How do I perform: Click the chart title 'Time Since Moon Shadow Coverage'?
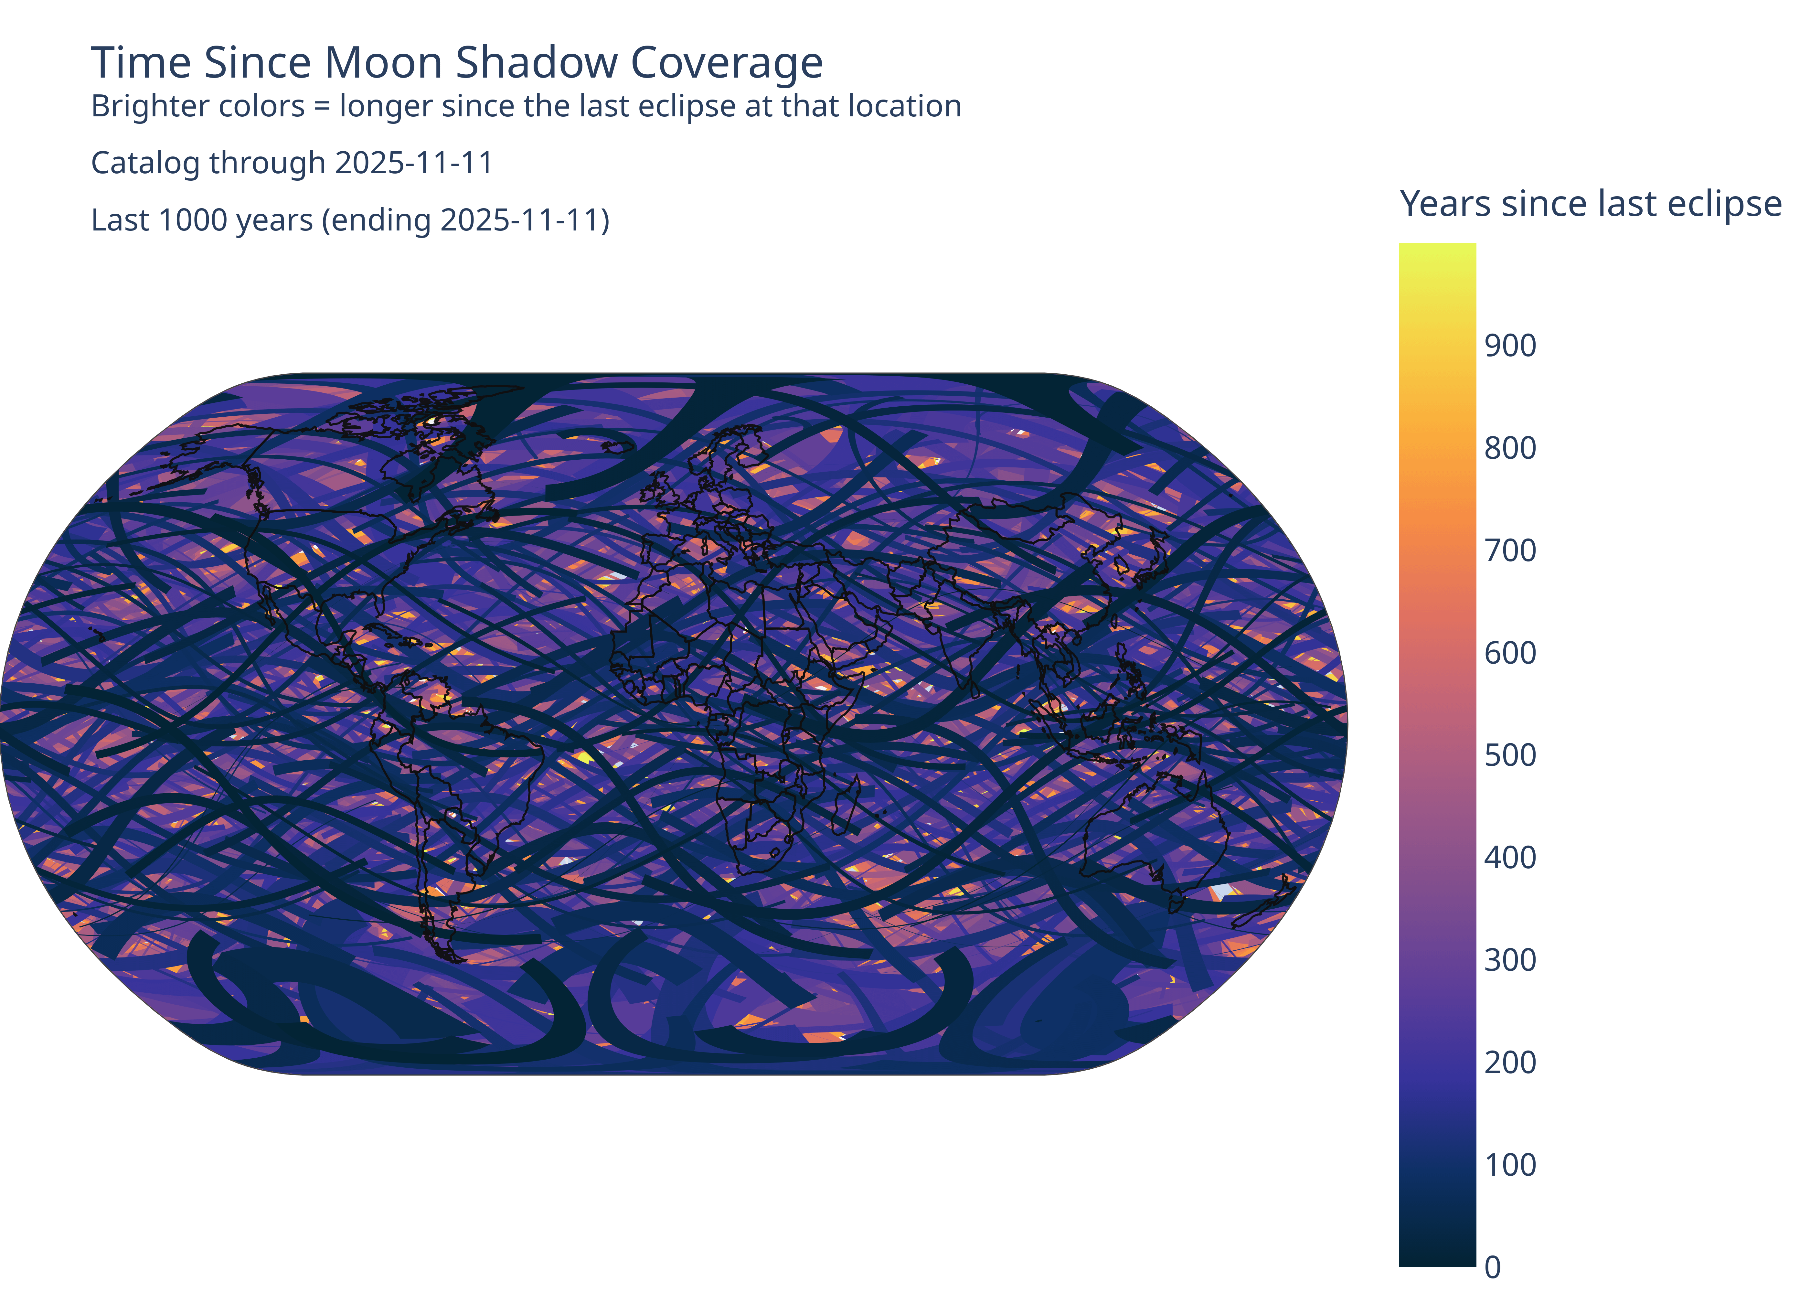[457, 63]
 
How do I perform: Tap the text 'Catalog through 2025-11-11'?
[292, 163]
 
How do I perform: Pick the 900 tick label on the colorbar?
[1510, 346]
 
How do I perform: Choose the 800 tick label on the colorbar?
[1510, 448]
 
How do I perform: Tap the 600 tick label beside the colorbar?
[1510, 653]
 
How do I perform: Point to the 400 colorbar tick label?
[1510, 858]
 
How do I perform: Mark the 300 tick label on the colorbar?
[1510, 960]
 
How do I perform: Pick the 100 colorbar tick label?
[1510, 1165]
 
